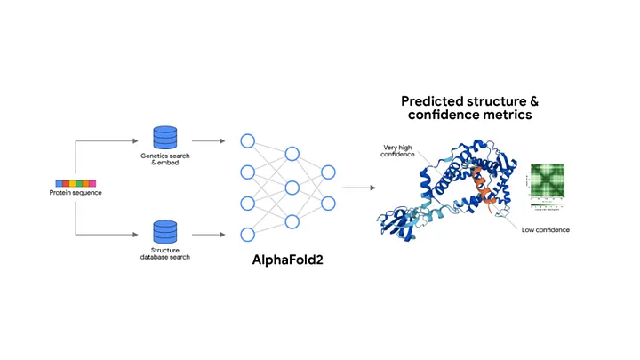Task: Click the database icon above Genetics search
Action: (x=164, y=138)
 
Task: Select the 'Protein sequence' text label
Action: (x=75, y=193)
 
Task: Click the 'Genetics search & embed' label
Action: (x=164, y=160)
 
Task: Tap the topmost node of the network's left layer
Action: (x=248, y=140)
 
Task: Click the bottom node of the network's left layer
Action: (x=248, y=235)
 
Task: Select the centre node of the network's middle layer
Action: (x=292, y=188)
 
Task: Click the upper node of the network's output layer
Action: (x=328, y=172)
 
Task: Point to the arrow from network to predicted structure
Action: (x=356, y=188)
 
